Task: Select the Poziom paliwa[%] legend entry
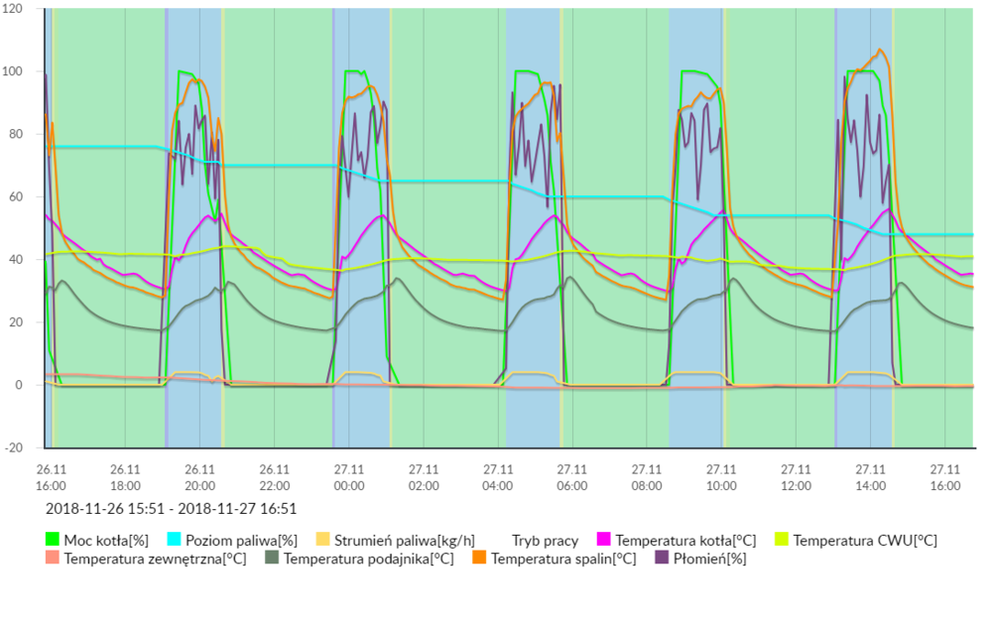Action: pos(233,541)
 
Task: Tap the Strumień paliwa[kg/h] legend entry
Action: pos(382,541)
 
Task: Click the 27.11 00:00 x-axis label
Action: pos(349,477)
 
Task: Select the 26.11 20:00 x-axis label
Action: pos(199,477)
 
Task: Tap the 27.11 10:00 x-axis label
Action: pos(721,477)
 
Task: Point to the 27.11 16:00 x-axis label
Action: pos(944,477)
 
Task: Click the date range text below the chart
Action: pos(172,508)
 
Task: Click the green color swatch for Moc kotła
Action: pos(53,541)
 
